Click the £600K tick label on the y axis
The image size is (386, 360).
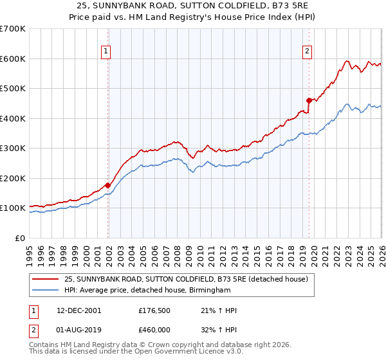(x=13, y=59)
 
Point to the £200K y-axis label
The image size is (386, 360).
(x=13, y=178)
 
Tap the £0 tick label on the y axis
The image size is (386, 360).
(x=20, y=238)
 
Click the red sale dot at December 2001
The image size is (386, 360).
(x=108, y=185)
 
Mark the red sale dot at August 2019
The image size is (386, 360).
(x=309, y=100)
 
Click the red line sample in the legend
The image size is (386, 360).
(x=46, y=280)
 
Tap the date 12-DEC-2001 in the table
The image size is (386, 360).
(x=79, y=311)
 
